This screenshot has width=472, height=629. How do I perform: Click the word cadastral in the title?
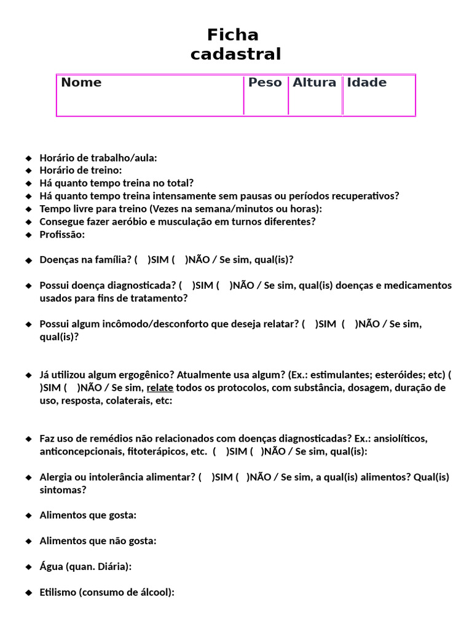[x=235, y=54]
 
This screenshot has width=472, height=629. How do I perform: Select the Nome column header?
[x=81, y=82]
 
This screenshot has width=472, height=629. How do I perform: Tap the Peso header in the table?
[x=265, y=82]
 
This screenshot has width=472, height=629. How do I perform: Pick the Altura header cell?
[x=314, y=82]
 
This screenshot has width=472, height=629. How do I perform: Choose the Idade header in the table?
[x=367, y=82]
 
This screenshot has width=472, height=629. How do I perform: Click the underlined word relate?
[x=160, y=388]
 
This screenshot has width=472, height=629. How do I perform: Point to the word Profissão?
[x=62, y=235]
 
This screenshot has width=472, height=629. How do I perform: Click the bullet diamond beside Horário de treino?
[x=28, y=170]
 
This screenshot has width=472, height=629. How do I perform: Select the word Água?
[x=51, y=566]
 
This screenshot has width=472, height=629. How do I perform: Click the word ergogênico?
[x=146, y=375]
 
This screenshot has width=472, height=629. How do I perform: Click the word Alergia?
[x=56, y=477]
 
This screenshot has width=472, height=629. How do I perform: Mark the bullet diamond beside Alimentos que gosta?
[x=28, y=515]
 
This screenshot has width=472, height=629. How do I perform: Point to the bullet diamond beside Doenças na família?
[x=28, y=260]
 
